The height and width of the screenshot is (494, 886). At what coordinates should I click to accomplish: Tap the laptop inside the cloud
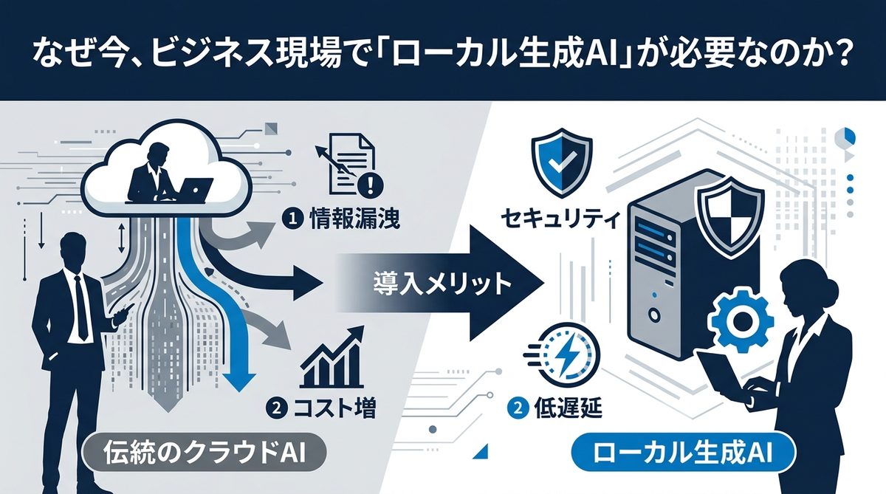(x=194, y=191)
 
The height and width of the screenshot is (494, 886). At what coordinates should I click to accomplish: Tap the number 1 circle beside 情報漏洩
(x=292, y=220)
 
